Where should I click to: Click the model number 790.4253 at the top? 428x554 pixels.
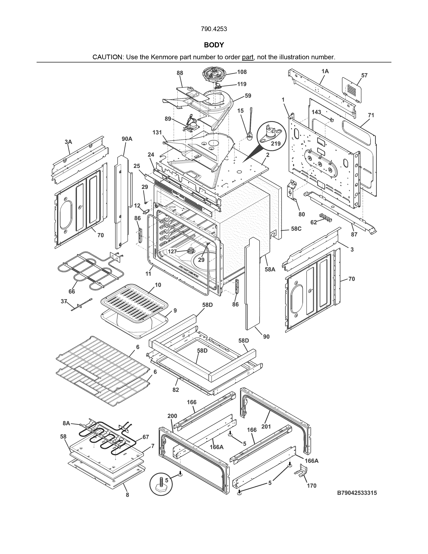click(x=214, y=29)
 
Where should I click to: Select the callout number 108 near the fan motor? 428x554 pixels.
click(x=242, y=72)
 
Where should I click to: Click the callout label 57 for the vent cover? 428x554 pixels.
click(x=364, y=75)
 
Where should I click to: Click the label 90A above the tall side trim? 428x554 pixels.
click(x=127, y=139)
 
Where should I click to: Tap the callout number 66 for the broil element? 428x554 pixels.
click(x=72, y=291)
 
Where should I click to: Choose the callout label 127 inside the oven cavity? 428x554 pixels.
click(x=172, y=252)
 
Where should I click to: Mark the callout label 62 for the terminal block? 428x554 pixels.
click(x=314, y=222)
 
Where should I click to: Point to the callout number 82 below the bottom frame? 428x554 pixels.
click(x=176, y=390)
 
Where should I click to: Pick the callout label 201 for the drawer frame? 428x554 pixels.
click(x=266, y=427)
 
